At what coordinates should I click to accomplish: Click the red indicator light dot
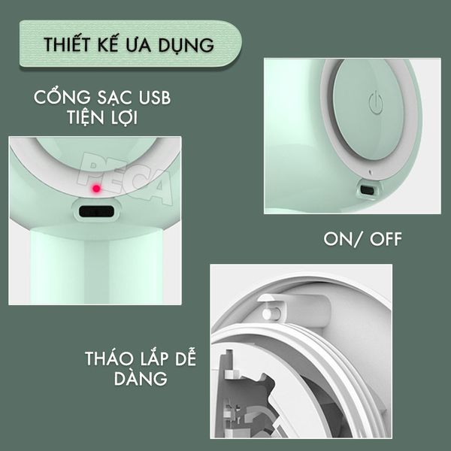tap(96, 186)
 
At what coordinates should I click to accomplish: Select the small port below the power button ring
tap(367, 190)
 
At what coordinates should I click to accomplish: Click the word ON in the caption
tap(338, 239)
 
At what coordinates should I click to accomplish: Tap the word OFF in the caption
tap(383, 239)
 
